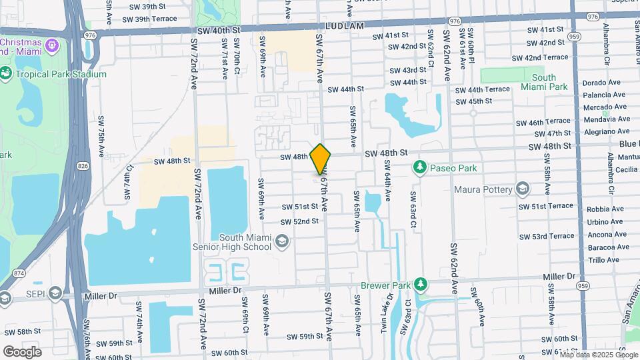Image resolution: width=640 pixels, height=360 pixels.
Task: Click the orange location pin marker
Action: pos(321,159)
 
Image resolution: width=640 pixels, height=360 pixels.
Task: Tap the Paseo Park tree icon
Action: pos(420,167)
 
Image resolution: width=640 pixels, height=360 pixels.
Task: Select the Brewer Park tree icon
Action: pos(420,285)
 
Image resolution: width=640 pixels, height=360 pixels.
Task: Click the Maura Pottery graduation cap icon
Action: pos(523,189)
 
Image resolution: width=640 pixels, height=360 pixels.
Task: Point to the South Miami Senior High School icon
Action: pos(282,241)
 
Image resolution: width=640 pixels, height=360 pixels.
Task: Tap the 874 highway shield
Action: pos(17,273)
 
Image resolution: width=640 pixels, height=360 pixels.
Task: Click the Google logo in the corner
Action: pos(22,351)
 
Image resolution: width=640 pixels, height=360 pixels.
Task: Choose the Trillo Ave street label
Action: pos(604,260)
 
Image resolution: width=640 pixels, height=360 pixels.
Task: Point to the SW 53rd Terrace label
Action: pos(543,236)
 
